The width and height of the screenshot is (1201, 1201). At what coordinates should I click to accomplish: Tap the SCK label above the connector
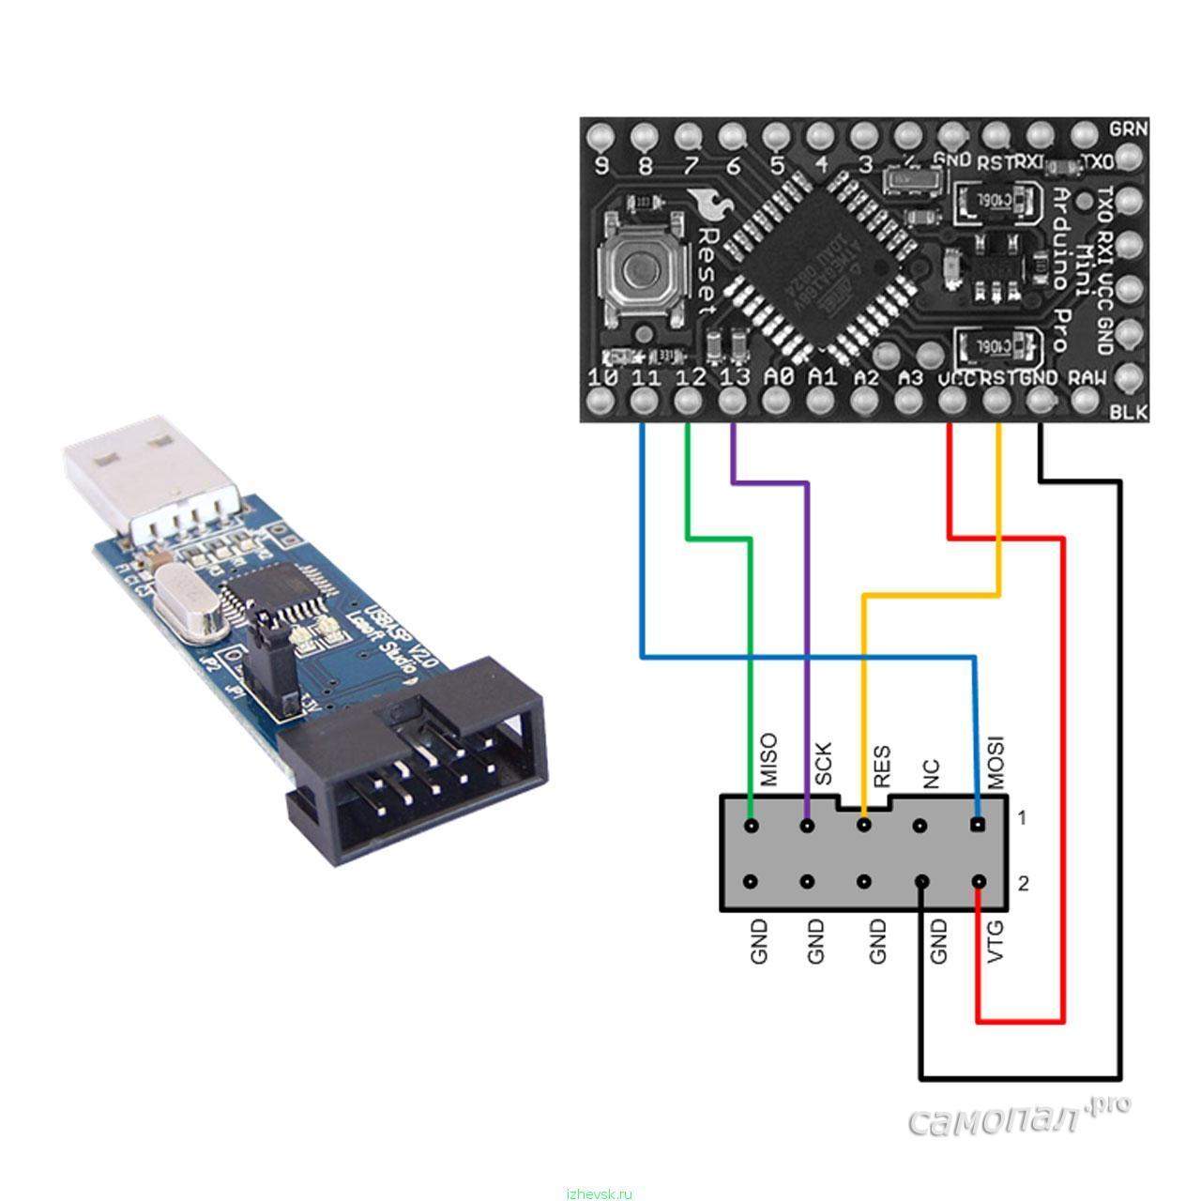click(823, 765)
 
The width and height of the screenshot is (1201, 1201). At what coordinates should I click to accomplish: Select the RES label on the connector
click(881, 767)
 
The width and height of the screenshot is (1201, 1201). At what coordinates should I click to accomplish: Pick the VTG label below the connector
click(996, 942)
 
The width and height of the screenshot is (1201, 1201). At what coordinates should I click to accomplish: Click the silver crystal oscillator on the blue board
click(188, 603)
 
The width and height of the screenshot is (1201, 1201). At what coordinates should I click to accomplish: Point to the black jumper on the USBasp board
click(273, 667)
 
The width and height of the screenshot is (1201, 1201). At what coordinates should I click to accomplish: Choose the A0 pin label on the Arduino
click(778, 377)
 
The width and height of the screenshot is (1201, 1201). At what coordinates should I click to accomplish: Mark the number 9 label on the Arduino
click(601, 167)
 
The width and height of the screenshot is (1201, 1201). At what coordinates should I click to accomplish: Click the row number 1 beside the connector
click(1022, 818)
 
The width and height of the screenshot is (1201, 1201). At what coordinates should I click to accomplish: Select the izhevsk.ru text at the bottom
click(600, 1193)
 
